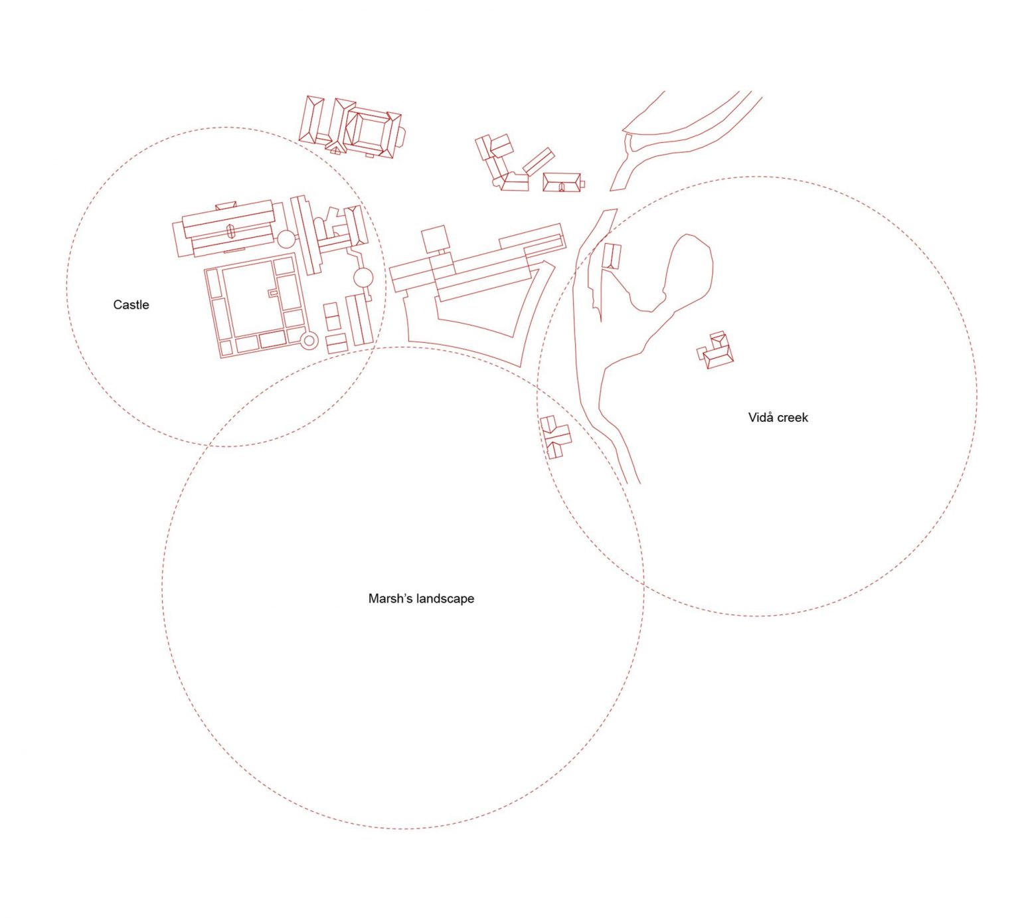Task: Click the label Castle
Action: click(x=131, y=305)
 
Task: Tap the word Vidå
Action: click(x=760, y=417)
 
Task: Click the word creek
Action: click(x=793, y=418)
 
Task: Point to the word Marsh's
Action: click(x=388, y=598)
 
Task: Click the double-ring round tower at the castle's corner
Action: click(x=309, y=341)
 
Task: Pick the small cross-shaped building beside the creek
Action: click(x=556, y=436)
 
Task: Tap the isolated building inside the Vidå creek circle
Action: click(x=715, y=350)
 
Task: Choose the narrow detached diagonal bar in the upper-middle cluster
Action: click(x=539, y=161)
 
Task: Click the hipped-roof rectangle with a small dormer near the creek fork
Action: click(x=562, y=183)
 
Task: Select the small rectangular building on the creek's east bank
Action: click(x=612, y=256)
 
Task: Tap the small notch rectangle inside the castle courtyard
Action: click(x=272, y=292)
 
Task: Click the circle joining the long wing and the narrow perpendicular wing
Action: click(x=286, y=240)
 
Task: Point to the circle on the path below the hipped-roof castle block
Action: click(x=363, y=278)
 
